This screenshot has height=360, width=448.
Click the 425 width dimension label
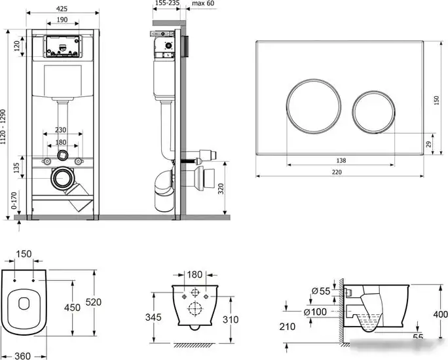click(x=62, y=9)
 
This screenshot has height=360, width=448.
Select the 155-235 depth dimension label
click(x=167, y=3)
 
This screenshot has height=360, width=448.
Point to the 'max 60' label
click(x=203, y=3)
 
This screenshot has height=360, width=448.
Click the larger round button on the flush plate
click(x=314, y=106)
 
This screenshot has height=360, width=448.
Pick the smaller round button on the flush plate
click(x=374, y=112)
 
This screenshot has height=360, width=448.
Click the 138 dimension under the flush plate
click(x=341, y=161)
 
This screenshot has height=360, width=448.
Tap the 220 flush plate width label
click(x=337, y=172)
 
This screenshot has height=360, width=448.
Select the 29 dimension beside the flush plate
click(x=428, y=144)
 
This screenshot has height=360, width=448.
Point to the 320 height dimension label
click(x=221, y=189)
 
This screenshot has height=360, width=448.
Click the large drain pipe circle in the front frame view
click(x=63, y=178)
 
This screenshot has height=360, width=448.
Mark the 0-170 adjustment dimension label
click(x=14, y=200)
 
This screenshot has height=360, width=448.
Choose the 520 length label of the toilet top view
click(x=94, y=302)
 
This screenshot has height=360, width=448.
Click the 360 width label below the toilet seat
click(x=22, y=355)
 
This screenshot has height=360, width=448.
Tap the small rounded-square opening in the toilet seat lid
click(x=24, y=304)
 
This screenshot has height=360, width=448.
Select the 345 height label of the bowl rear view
click(x=153, y=317)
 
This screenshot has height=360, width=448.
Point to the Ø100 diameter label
click(x=315, y=312)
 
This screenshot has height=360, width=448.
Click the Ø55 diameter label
click(x=321, y=291)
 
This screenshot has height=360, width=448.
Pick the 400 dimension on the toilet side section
click(x=440, y=314)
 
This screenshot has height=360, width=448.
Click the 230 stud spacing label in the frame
click(x=60, y=130)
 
